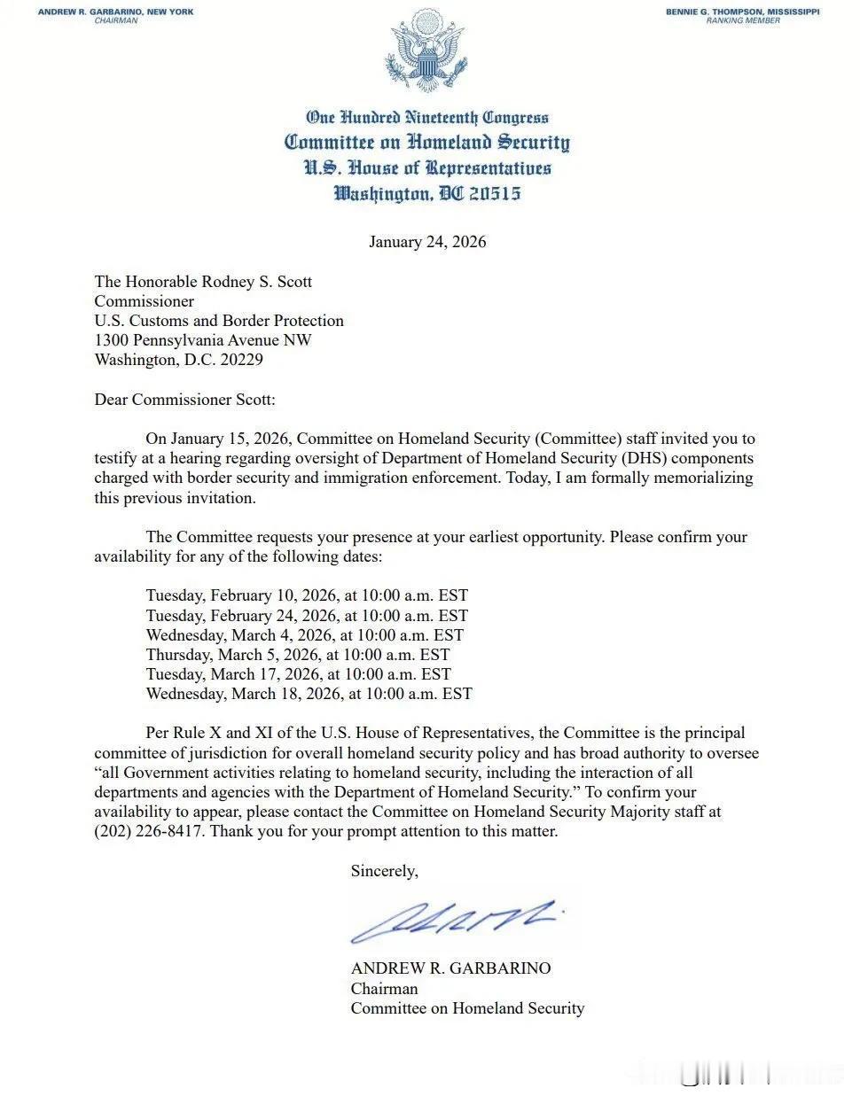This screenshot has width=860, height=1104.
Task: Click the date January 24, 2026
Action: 427,242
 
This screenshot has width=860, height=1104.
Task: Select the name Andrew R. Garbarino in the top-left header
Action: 115,12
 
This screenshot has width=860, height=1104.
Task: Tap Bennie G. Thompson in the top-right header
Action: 743,12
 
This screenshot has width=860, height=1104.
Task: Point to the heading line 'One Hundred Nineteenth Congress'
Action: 427,117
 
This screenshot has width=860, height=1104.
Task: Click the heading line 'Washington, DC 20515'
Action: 427,193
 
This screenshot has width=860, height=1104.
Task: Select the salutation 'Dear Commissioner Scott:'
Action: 184,400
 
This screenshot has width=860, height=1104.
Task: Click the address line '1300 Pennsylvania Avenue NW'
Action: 203,340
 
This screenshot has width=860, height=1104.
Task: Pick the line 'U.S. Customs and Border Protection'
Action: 219,321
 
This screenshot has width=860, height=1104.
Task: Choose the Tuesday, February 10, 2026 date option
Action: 307,595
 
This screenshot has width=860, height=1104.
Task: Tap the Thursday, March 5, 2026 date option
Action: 298,655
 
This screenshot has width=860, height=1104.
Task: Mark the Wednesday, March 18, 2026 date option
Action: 309,694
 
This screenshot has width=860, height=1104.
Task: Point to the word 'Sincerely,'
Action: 384,871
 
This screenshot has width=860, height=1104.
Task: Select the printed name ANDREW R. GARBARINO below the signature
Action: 450,968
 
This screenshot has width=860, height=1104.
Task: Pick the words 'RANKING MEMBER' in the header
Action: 743,20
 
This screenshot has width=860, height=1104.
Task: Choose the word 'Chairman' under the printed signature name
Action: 384,988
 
